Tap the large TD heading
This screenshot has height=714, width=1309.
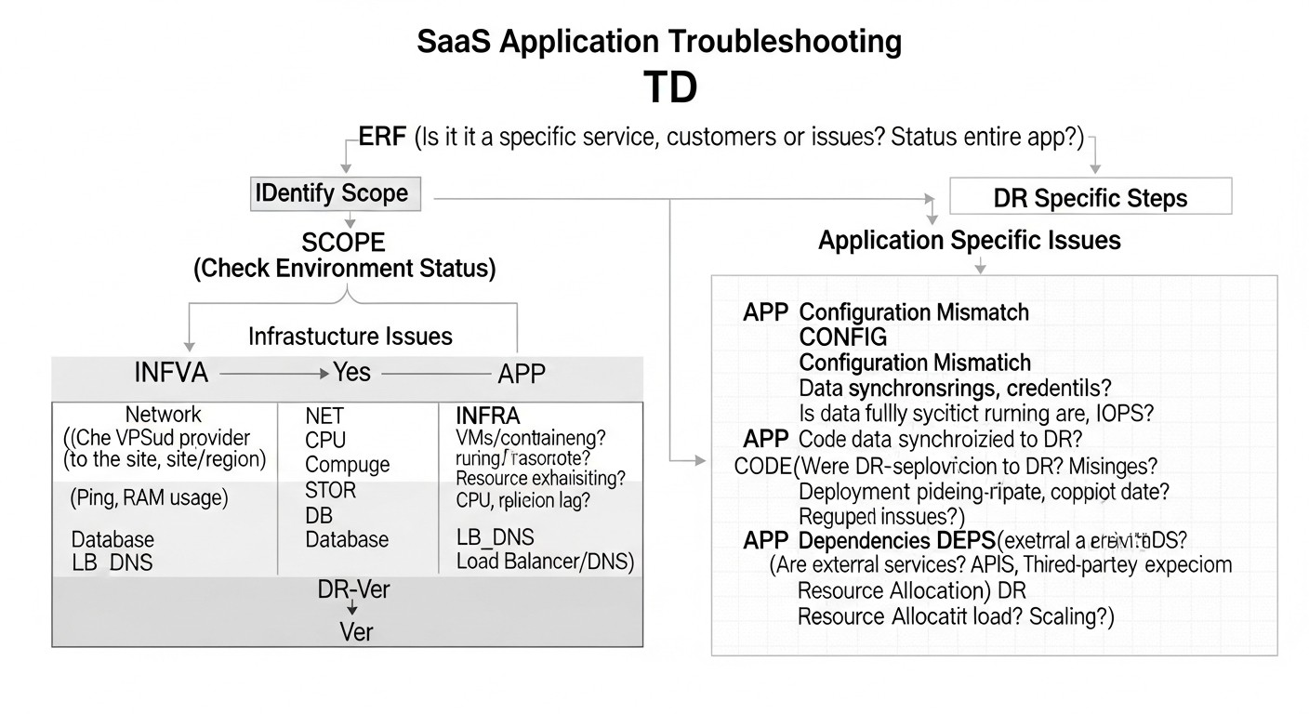pyautogui.click(x=669, y=87)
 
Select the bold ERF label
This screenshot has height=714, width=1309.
pyautogui.click(x=382, y=138)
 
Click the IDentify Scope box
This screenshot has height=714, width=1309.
pyautogui.click(x=336, y=193)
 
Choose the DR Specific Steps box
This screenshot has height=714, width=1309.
pyautogui.click(x=1091, y=198)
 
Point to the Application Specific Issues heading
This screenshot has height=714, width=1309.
pyautogui.click(x=969, y=241)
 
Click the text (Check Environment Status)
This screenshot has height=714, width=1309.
pyautogui.click(x=344, y=270)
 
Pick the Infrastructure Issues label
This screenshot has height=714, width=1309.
pyautogui.click(x=350, y=336)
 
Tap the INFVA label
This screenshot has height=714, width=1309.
pyautogui.click(x=171, y=375)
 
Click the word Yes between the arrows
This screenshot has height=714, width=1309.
pyautogui.click(x=352, y=373)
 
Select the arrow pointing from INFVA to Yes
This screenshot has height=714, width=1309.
pyautogui.click(x=272, y=375)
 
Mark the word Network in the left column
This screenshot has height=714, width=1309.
pyautogui.click(x=164, y=415)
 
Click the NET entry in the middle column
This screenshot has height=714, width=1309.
pyautogui.click(x=324, y=416)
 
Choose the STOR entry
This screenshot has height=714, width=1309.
pyautogui.click(x=330, y=490)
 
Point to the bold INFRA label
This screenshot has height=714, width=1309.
pyautogui.click(x=487, y=415)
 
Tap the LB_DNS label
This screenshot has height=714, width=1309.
pyautogui.click(x=495, y=537)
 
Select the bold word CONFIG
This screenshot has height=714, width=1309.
pyautogui.click(x=843, y=337)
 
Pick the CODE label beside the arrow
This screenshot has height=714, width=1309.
pyautogui.click(x=760, y=466)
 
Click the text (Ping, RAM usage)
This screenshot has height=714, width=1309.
pyautogui.click(x=149, y=498)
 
